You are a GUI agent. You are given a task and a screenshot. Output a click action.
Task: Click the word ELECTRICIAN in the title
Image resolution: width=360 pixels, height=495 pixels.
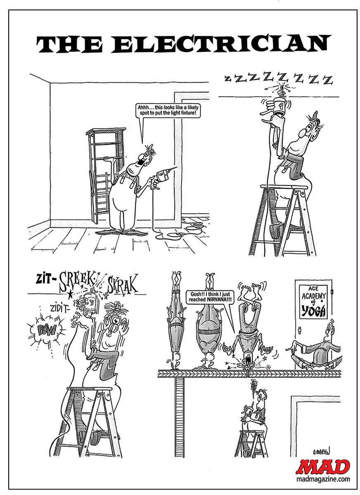219,45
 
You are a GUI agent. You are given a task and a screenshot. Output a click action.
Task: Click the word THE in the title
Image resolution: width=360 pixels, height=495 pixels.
69,45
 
